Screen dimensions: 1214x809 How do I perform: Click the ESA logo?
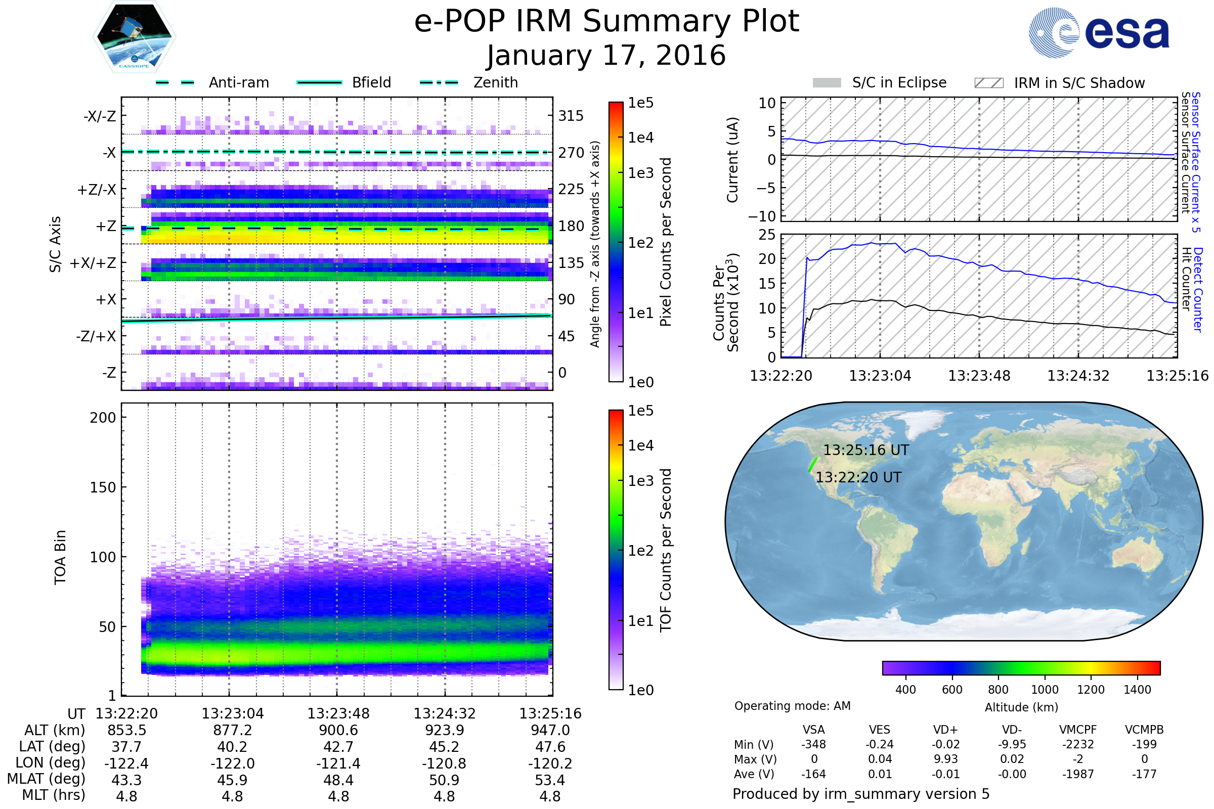(x=1098, y=32)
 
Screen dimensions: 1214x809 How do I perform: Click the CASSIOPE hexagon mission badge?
(x=134, y=36)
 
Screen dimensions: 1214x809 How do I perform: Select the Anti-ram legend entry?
(x=212, y=82)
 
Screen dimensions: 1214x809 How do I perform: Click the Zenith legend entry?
(x=469, y=82)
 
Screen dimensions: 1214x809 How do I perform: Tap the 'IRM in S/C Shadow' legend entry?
(x=1059, y=83)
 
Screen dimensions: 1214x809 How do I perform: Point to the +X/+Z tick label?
(x=93, y=263)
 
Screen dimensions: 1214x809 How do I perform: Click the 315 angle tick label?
(x=571, y=116)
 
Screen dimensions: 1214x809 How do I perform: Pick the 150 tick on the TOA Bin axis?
(x=103, y=487)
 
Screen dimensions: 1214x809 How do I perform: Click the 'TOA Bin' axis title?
(x=60, y=557)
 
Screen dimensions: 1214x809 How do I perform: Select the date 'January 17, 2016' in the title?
(x=606, y=55)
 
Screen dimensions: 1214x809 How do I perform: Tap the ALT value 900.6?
(x=338, y=731)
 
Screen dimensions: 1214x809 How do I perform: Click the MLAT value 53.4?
(x=550, y=780)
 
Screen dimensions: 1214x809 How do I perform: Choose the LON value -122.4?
(x=126, y=763)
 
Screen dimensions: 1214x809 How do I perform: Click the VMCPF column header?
(x=1078, y=730)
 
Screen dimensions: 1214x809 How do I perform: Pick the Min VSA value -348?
(x=813, y=744)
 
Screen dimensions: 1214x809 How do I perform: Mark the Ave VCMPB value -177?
(x=1144, y=774)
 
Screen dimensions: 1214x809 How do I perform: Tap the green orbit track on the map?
(x=812, y=464)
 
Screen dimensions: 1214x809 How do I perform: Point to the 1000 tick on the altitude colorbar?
(x=1045, y=690)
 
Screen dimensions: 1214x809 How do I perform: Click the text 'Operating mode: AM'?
(x=792, y=706)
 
